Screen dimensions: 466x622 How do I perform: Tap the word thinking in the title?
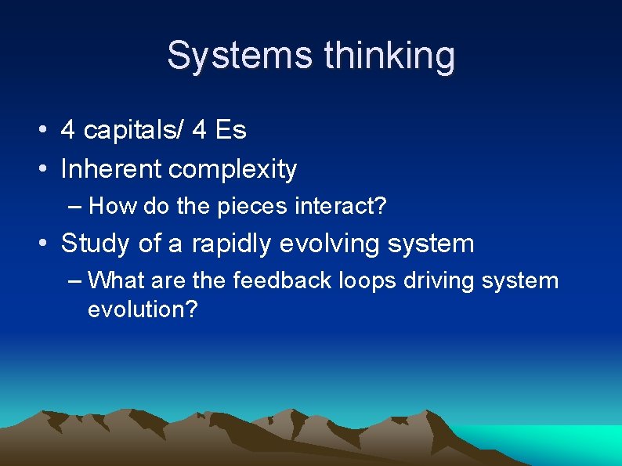coord(389,56)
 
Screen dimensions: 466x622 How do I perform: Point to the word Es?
coord(230,130)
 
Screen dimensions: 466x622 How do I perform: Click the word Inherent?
coord(111,168)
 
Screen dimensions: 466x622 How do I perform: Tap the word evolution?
coord(143,309)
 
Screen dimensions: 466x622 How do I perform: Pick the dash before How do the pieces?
coord(75,206)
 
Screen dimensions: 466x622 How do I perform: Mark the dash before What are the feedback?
coord(75,280)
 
